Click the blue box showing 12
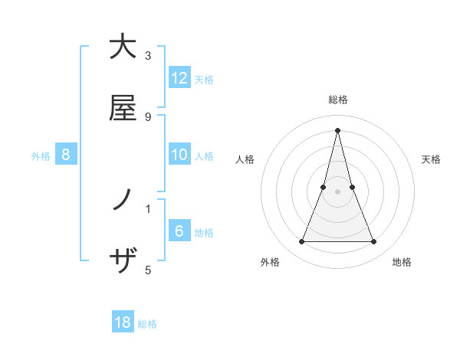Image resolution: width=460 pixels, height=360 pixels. tap(179, 78)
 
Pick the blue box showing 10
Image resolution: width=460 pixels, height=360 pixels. tap(179, 155)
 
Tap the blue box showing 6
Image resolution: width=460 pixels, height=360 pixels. tap(179, 231)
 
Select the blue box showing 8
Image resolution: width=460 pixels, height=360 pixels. tap(66, 155)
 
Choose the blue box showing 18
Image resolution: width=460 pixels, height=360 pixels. tap(123, 322)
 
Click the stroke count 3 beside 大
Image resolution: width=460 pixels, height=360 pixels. tap(148, 56)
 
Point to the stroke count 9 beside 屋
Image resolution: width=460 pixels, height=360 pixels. tap(148, 116)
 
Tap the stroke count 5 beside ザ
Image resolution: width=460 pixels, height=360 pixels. tap(148, 270)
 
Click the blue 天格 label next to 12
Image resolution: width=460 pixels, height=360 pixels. tap(204, 79)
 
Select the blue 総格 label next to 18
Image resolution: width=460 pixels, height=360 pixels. tap(147, 324)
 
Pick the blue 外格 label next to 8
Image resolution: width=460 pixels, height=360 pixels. tap(41, 155)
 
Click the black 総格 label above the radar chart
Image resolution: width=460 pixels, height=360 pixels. tap(337, 100)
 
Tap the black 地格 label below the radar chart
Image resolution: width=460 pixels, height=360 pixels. tap(402, 262)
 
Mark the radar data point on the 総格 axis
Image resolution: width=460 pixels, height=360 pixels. tap(337, 130)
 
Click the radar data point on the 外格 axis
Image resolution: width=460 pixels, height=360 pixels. tap(301, 242)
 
